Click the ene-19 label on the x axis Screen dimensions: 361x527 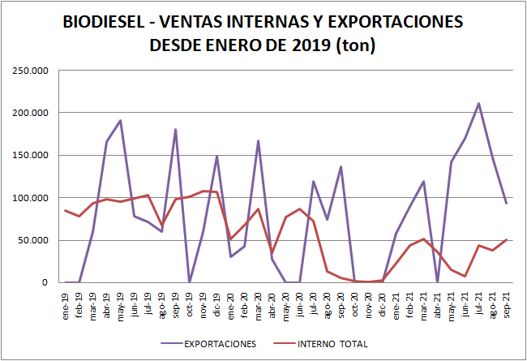66,301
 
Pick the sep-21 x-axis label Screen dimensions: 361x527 506,301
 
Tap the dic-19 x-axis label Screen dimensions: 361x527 217,301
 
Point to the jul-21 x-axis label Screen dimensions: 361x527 478,301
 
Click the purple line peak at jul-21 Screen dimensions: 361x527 478,103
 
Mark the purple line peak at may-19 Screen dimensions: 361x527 121,121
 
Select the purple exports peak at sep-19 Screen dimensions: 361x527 176,130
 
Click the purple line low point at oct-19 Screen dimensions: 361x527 190,281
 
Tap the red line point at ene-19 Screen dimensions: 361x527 66,210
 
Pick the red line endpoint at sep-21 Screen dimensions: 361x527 506,239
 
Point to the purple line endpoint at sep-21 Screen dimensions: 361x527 506,203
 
